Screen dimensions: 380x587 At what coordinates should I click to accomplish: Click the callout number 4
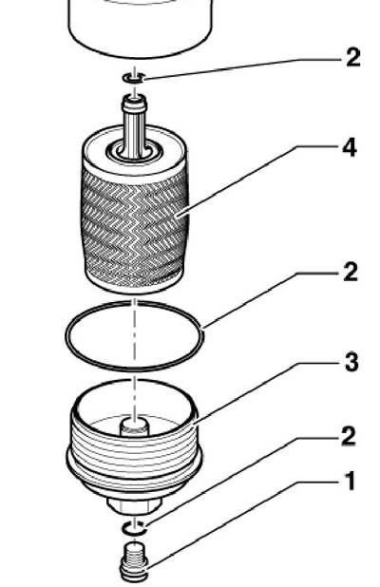point(350,148)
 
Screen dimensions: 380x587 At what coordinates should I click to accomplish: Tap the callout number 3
point(351,362)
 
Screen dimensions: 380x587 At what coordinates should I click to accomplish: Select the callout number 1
point(350,481)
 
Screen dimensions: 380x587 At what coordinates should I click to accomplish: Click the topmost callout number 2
point(352,57)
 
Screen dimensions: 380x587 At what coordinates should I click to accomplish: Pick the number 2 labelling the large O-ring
point(351,272)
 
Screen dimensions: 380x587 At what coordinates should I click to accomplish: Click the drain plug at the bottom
point(134,561)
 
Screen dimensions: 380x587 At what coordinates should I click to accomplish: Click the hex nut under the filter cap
point(134,504)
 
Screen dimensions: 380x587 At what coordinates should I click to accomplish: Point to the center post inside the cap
point(134,426)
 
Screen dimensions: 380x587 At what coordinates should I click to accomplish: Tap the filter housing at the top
point(141,28)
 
